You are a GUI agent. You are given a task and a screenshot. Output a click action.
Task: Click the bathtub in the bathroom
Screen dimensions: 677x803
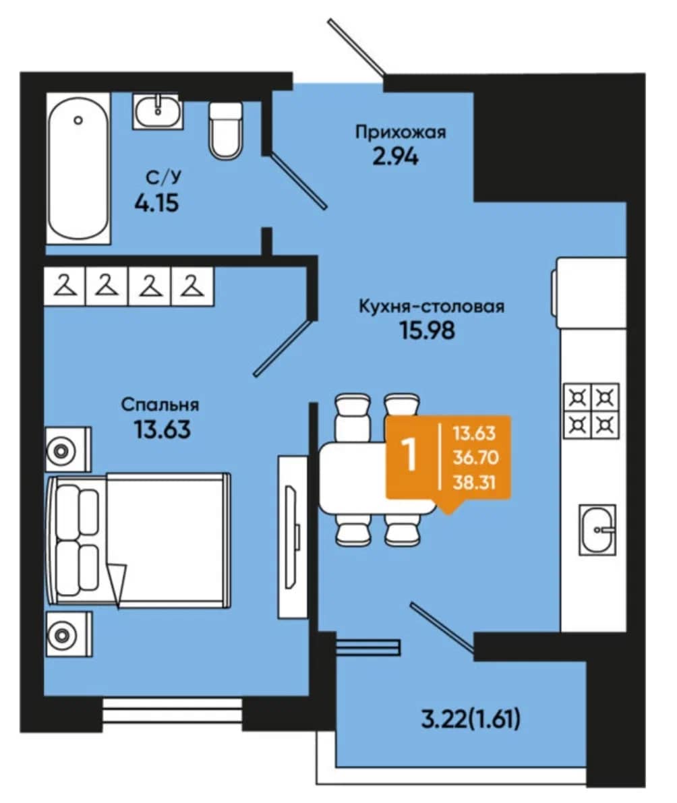click(x=78, y=169)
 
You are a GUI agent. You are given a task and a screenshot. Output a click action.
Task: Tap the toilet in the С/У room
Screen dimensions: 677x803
click(x=225, y=130)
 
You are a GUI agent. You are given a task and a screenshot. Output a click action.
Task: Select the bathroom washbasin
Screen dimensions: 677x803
click(x=158, y=111)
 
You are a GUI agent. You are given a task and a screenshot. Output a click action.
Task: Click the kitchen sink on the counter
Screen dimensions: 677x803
click(x=597, y=529)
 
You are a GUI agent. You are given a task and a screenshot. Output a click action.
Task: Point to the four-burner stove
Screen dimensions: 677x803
click(x=591, y=411)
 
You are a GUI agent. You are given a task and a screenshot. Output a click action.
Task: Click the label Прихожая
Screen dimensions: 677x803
click(x=401, y=132)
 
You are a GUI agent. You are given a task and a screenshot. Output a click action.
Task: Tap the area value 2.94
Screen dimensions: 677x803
click(x=395, y=156)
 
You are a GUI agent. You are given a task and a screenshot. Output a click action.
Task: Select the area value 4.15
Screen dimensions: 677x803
click(x=156, y=204)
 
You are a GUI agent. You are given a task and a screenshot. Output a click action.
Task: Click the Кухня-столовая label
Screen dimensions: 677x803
click(x=431, y=306)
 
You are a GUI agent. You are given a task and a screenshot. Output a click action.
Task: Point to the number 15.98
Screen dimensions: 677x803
click(x=427, y=330)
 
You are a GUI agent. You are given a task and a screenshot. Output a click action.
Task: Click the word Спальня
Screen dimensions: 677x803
click(x=160, y=405)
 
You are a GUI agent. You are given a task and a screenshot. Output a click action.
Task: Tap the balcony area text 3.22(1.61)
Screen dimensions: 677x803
click(x=471, y=719)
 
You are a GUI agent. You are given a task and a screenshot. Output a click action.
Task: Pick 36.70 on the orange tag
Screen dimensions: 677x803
click(x=476, y=457)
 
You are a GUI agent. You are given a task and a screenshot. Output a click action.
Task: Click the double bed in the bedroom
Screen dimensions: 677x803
click(x=138, y=541)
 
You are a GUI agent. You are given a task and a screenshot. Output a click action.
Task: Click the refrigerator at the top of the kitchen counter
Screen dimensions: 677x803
click(x=590, y=293)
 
